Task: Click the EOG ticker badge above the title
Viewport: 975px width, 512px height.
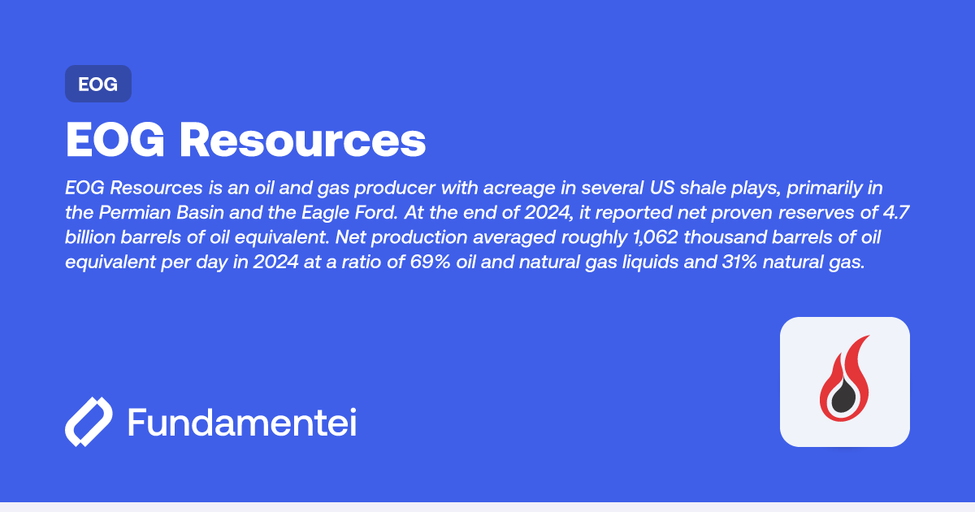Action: coord(98,84)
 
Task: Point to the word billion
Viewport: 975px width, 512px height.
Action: coord(91,239)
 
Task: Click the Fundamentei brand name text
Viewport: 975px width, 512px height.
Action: coord(242,423)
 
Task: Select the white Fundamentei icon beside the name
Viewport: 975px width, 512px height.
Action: coord(89,422)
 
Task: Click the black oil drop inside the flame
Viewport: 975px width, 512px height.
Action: coord(845,394)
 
